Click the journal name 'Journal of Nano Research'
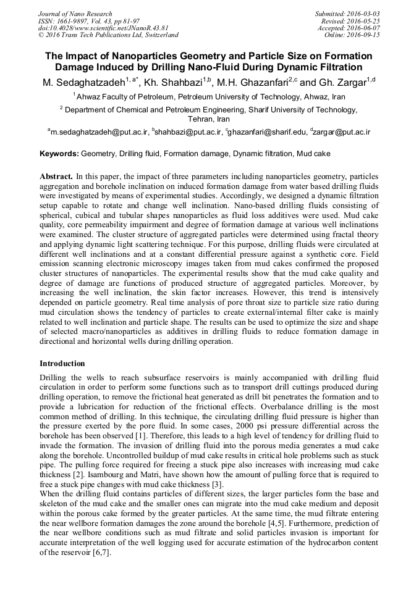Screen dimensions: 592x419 click(75, 14)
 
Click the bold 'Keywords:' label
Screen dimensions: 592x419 click(59, 153)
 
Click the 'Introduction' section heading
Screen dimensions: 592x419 click(62, 364)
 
